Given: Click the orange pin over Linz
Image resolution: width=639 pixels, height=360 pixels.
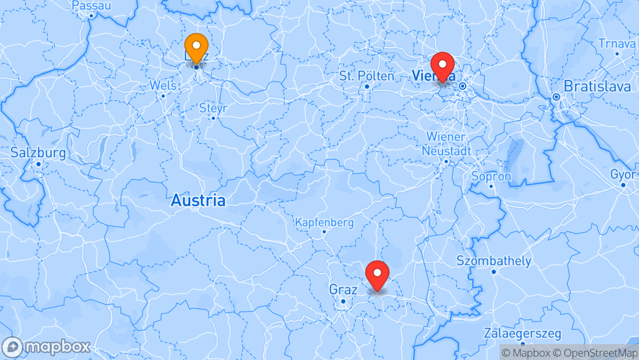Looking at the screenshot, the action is [x=196, y=48].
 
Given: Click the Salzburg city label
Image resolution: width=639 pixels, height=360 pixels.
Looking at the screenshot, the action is [x=39, y=154].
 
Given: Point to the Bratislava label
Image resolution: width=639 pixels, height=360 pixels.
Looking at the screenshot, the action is [x=597, y=86].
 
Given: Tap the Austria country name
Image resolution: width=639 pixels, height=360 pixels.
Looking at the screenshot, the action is [x=198, y=201].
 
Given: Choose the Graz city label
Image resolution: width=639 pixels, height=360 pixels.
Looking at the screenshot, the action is [x=343, y=290].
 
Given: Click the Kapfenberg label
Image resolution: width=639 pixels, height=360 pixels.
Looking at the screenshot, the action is [x=324, y=222].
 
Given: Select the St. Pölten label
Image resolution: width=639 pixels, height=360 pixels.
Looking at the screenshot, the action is [x=367, y=76].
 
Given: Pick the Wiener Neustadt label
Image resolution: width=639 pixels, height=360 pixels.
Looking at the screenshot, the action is [x=446, y=144].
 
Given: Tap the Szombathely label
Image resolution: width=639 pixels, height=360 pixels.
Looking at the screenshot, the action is [x=494, y=261].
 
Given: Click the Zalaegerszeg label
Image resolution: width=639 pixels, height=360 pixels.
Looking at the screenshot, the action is [x=522, y=334].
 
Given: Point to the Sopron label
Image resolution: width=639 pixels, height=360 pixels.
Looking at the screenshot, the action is [x=491, y=176].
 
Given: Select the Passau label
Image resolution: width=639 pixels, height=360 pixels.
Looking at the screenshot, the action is [x=91, y=6].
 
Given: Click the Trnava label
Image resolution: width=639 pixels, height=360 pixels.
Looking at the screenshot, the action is [x=617, y=44].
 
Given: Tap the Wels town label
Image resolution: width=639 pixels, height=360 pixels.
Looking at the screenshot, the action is [x=163, y=86].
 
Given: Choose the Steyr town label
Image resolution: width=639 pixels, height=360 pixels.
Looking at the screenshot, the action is [x=213, y=108].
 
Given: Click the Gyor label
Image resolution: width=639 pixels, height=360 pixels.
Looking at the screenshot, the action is [x=623, y=175].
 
